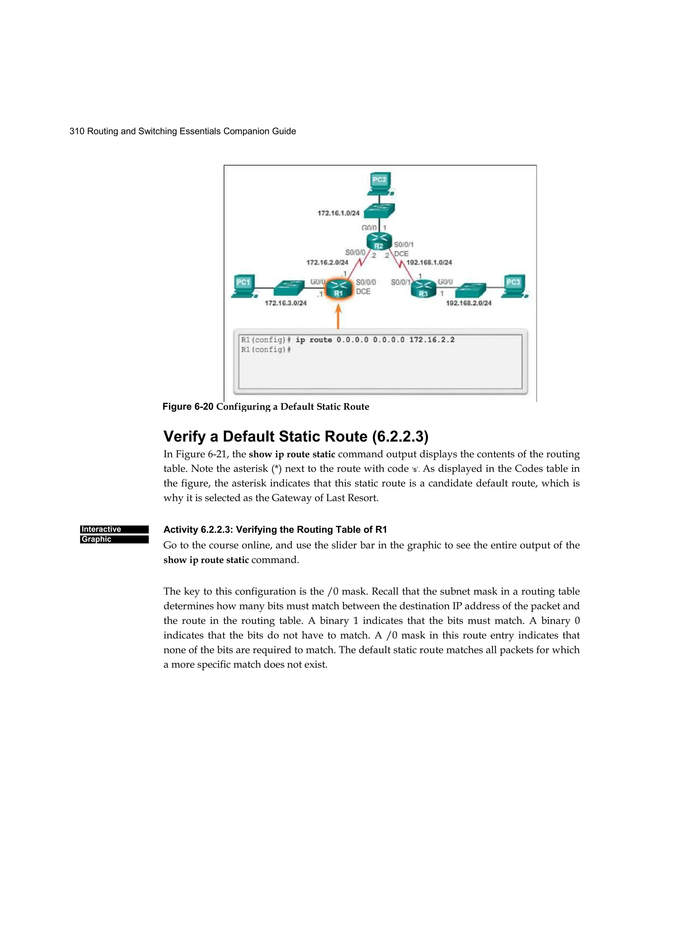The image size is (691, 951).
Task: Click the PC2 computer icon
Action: [x=380, y=184]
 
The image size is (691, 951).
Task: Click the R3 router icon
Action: [x=423, y=289]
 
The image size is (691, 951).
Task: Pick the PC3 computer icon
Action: [x=514, y=287]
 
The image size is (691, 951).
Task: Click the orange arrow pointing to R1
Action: [x=338, y=317]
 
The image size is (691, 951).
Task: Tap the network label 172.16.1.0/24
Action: [x=338, y=213]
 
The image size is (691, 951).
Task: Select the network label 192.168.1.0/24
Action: [x=430, y=263]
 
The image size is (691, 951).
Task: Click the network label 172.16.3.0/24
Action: [x=285, y=303]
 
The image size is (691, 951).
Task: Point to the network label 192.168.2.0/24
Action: [x=468, y=303]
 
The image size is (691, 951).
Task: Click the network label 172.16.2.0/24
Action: [x=327, y=263]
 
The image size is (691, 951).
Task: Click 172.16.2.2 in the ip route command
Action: [x=432, y=339]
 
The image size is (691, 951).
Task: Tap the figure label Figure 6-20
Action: [x=188, y=407]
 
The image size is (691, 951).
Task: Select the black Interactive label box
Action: [x=114, y=529]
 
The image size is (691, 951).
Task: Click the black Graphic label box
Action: [x=114, y=539]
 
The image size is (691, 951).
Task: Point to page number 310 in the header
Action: [x=77, y=131]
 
